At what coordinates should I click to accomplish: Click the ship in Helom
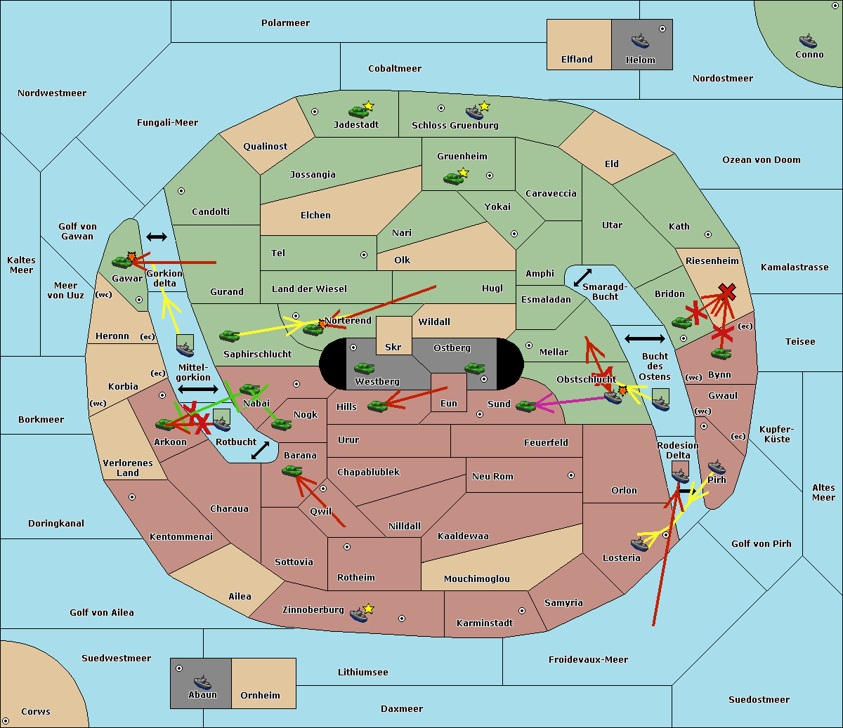[x=640, y=41]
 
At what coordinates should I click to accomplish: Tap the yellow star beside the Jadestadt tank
[x=368, y=106]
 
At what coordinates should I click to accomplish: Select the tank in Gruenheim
[x=453, y=178]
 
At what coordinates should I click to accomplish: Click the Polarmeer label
[x=285, y=23]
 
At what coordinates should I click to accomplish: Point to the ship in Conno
[x=808, y=41]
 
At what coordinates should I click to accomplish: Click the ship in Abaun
[x=202, y=682]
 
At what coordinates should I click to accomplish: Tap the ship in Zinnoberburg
[x=359, y=615]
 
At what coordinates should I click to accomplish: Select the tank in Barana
[x=292, y=471]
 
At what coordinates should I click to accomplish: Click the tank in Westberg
[x=364, y=369]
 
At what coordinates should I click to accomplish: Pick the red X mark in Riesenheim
[x=727, y=292]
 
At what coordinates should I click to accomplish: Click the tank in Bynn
[x=721, y=354]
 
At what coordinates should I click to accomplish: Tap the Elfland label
[x=577, y=60]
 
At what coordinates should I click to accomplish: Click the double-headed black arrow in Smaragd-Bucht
[x=582, y=277]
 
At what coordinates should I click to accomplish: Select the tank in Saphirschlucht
[x=229, y=336]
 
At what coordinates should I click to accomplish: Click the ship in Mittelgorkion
[x=185, y=350]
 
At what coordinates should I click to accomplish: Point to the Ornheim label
[x=260, y=695]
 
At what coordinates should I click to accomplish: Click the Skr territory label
[x=393, y=347]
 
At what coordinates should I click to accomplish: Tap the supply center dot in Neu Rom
[x=571, y=475]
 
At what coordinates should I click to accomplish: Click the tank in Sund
[x=525, y=406]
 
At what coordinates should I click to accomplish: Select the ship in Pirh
[x=717, y=467]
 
